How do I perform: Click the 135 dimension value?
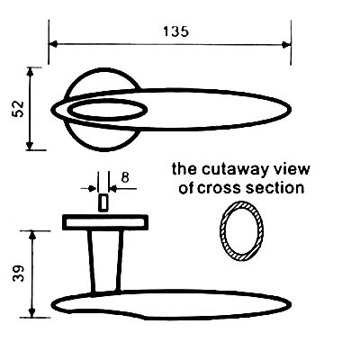[x=176, y=31]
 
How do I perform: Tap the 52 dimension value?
[x=18, y=109]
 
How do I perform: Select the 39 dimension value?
[x=18, y=274]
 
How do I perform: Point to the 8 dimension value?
[x=125, y=177]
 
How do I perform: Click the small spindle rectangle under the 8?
[x=103, y=202]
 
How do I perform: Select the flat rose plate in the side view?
[x=105, y=222]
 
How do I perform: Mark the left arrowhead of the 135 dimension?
[x=53, y=44]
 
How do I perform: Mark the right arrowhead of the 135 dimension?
[x=287, y=45]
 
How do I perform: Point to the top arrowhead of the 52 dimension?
[x=30, y=72]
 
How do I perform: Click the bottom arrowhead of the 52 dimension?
[x=30, y=145]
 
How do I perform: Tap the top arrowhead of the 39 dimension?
[x=32, y=236]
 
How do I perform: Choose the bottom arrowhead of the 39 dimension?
[x=32, y=312]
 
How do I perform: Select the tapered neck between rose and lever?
[x=105, y=260]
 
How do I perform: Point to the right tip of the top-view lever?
[x=291, y=109]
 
